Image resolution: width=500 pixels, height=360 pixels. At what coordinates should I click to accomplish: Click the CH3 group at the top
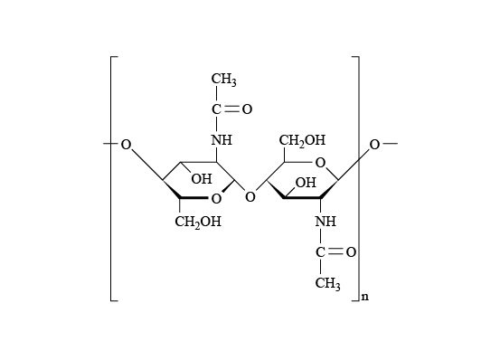point(224,80)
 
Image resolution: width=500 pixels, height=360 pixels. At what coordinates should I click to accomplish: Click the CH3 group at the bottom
point(328,283)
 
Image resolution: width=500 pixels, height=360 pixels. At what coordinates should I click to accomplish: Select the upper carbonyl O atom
point(247,109)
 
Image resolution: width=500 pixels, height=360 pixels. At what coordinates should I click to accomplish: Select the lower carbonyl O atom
point(351,252)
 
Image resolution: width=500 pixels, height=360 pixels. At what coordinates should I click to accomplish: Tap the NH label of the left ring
point(222,140)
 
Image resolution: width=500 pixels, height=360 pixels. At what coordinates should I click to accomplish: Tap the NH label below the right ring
point(325,221)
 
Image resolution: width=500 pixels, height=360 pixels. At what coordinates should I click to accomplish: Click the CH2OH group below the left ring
point(198,222)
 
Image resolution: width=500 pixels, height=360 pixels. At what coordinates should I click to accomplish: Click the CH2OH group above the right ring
point(302,140)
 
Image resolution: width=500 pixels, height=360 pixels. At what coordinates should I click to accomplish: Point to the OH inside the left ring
point(202,179)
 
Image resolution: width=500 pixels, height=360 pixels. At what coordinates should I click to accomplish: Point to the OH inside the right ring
point(306,183)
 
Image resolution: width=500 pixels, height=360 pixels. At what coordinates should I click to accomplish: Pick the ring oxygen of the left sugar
point(216,199)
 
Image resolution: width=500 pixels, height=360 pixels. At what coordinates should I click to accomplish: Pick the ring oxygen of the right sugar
point(320,163)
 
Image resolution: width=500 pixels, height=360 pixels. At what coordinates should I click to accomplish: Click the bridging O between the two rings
point(250,197)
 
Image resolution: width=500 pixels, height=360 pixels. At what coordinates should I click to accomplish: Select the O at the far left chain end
point(126,145)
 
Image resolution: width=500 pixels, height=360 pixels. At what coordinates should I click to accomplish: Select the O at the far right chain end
point(374,145)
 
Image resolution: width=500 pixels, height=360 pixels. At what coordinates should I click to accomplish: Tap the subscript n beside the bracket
point(365,297)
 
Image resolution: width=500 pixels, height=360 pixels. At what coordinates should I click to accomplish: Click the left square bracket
point(111,178)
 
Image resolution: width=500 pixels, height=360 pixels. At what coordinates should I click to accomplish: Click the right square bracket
point(359,178)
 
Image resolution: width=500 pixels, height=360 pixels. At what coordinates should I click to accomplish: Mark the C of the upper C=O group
point(216,109)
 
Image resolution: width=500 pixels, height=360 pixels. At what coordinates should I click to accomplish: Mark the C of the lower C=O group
point(320,252)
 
